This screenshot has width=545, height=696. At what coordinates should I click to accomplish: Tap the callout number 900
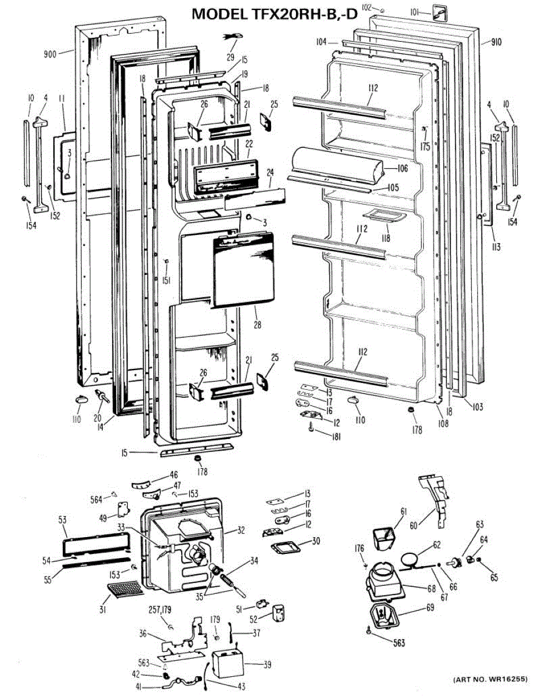coord(50,55)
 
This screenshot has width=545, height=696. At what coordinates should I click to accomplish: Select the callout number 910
coord(495,42)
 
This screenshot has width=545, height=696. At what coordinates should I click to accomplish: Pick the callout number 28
coord(257,325)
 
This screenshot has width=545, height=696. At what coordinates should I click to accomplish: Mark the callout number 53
coord(62,520)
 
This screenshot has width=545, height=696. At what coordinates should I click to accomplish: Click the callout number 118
coord(385,238)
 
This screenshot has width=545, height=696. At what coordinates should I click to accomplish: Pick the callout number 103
coord(477,407)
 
